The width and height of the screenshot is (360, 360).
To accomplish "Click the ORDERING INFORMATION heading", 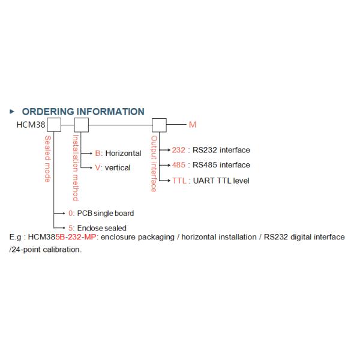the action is (83, 112).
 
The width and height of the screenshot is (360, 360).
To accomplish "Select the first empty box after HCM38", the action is (55, 125).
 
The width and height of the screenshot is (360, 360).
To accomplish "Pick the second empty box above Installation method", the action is (80, 125).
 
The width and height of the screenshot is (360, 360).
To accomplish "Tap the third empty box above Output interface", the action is (159, 125).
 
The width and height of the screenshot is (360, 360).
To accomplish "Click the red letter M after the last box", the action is (192, 125).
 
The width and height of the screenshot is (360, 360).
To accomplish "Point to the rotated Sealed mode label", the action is (48, 159).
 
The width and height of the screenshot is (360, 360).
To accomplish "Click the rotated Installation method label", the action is (76, 167).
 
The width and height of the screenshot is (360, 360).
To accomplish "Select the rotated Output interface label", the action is (154, 164).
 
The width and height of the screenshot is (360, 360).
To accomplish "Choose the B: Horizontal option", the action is (118, 154).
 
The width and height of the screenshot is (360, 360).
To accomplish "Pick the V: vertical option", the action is (113, 168).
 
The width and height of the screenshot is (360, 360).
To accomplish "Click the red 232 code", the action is (179, 150).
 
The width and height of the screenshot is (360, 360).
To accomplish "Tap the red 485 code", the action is (179, 165).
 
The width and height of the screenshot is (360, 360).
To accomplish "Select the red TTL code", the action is (179, 180).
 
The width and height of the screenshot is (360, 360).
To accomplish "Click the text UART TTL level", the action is (221, 180).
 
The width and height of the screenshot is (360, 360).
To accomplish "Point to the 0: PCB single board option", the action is (100, 213).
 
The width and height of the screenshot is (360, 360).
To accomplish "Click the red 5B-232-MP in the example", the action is (76, 238).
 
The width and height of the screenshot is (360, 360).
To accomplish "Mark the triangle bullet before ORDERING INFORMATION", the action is (12, 112).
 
